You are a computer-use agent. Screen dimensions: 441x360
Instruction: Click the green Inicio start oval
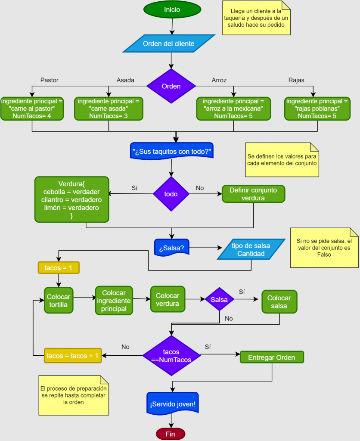click(172, 9)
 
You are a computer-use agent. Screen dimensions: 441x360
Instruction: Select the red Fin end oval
click(171, 434)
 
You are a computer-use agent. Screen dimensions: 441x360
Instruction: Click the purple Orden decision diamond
click(171, 86)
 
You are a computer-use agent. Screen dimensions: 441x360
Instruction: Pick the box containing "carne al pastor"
click(32, 109)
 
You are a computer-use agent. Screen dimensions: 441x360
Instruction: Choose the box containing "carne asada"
click(109, 109)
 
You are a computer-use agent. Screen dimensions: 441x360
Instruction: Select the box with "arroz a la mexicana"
click(233, 109)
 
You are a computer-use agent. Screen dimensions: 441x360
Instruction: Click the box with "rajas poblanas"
click(317, 109)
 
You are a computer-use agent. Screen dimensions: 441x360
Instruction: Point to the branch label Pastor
click(49, 80)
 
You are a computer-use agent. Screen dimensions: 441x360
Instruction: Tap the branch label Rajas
click(296, 80)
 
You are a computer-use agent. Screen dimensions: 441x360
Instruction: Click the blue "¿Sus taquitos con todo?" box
click(172, 151)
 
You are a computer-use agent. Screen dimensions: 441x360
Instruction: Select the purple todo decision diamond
click(171, 194)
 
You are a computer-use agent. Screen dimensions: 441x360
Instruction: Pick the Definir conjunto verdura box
click(253, 194)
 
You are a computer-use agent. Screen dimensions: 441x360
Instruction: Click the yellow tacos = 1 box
click(59, 268)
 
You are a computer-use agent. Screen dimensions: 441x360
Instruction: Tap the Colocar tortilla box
click(59, 300)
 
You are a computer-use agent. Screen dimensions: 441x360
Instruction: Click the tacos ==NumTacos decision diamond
click(171, 356)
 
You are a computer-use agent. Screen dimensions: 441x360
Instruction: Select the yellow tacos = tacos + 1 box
click(73, 356)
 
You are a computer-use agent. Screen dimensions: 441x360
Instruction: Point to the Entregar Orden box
click(272, 357)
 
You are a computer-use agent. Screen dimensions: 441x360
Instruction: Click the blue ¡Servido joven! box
click(172, 404)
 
